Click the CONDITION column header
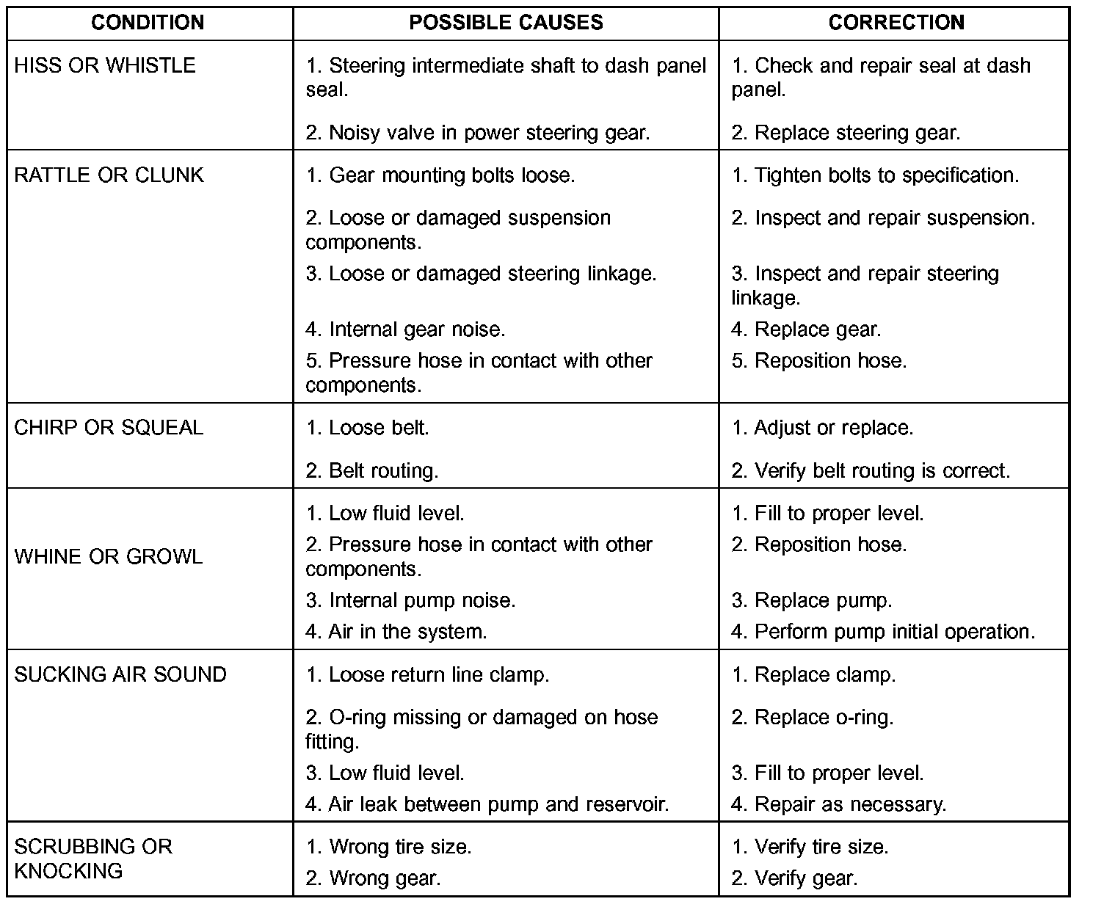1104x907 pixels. [x=148, y=23]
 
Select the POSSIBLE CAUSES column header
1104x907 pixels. [x=506, y=23]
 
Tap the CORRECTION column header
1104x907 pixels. [x=896, y=23]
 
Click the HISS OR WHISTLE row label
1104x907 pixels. [x=105, y=66]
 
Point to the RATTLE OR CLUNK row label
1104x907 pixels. [x=109, y=175]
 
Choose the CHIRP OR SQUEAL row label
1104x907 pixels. [x=109, y=428]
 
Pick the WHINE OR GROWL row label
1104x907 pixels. [x=109, y=557]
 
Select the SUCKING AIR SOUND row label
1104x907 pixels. [x=120, y=675]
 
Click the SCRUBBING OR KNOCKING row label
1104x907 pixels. [x=93, y=859]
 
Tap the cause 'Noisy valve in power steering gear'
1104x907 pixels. [x=478, y=133]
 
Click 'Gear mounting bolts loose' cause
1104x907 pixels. [x=440, y=175]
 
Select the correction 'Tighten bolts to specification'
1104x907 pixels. [x=875, y=175]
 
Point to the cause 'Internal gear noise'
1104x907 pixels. [x=405, y=329]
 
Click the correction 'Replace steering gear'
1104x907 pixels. [x=846, y=133]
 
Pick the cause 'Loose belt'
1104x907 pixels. [x=368, y=428]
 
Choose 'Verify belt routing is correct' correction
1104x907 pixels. [x=871, y=470]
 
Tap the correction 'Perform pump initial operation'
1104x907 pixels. [x=883, y=632]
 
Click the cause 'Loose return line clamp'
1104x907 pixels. [x=427, y=675]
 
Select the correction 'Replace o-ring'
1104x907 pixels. [x=813, y=718]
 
